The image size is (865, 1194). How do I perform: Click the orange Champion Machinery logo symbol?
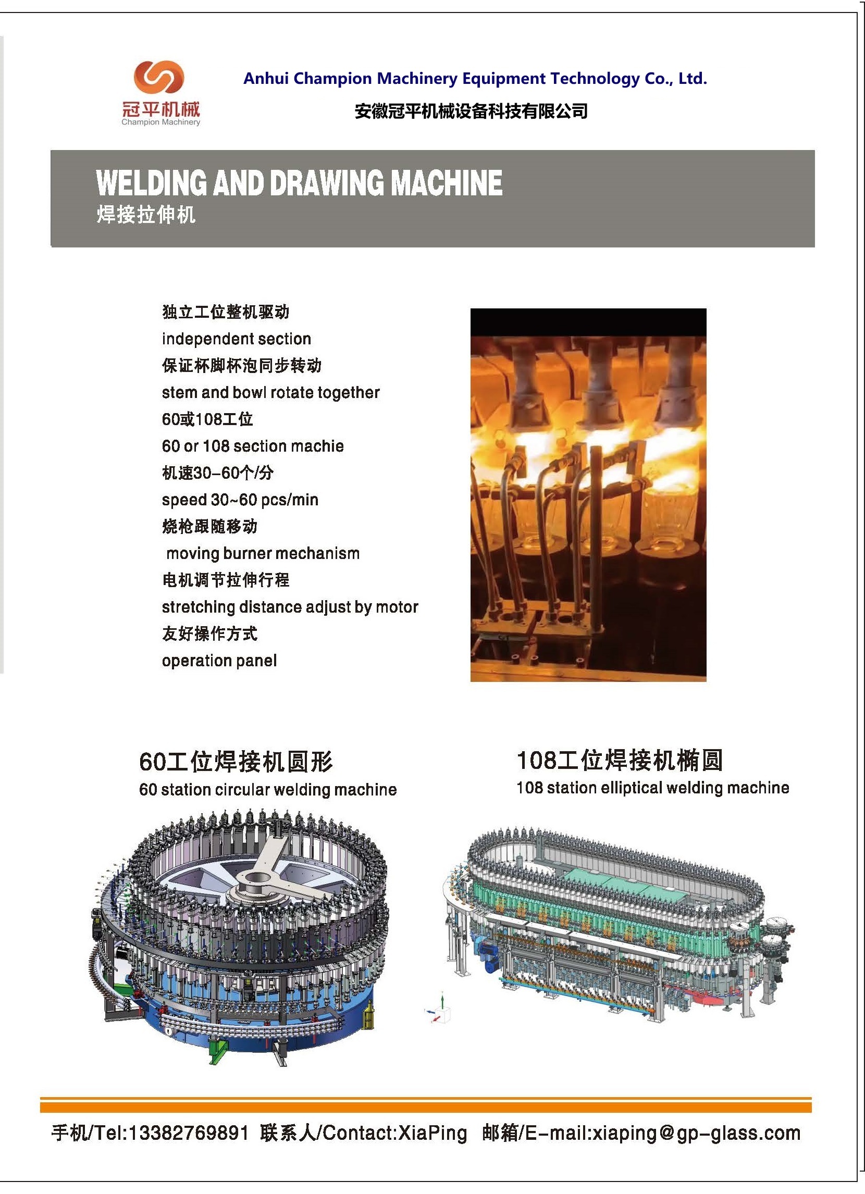tap(158, 77)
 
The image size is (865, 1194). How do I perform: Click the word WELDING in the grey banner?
tap(152, 183)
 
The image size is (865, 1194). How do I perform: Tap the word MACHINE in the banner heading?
tap(447, 183)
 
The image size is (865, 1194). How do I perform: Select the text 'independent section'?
tap(237, 339)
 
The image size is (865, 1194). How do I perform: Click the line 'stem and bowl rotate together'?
tap(270, 393)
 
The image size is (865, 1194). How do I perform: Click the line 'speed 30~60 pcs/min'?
tap(240, 500)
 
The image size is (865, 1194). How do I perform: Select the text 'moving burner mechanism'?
tap(263, 554)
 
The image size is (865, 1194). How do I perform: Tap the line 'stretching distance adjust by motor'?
tap(290, 607)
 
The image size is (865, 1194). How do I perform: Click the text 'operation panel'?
tap(219, 661)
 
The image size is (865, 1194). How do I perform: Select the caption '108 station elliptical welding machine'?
tap(653, 788)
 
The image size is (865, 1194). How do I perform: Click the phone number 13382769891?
tap(189, 1133)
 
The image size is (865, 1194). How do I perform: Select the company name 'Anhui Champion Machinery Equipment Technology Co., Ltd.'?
tap(475, 79)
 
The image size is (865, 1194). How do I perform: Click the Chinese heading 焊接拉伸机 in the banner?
tap(146, 215)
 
